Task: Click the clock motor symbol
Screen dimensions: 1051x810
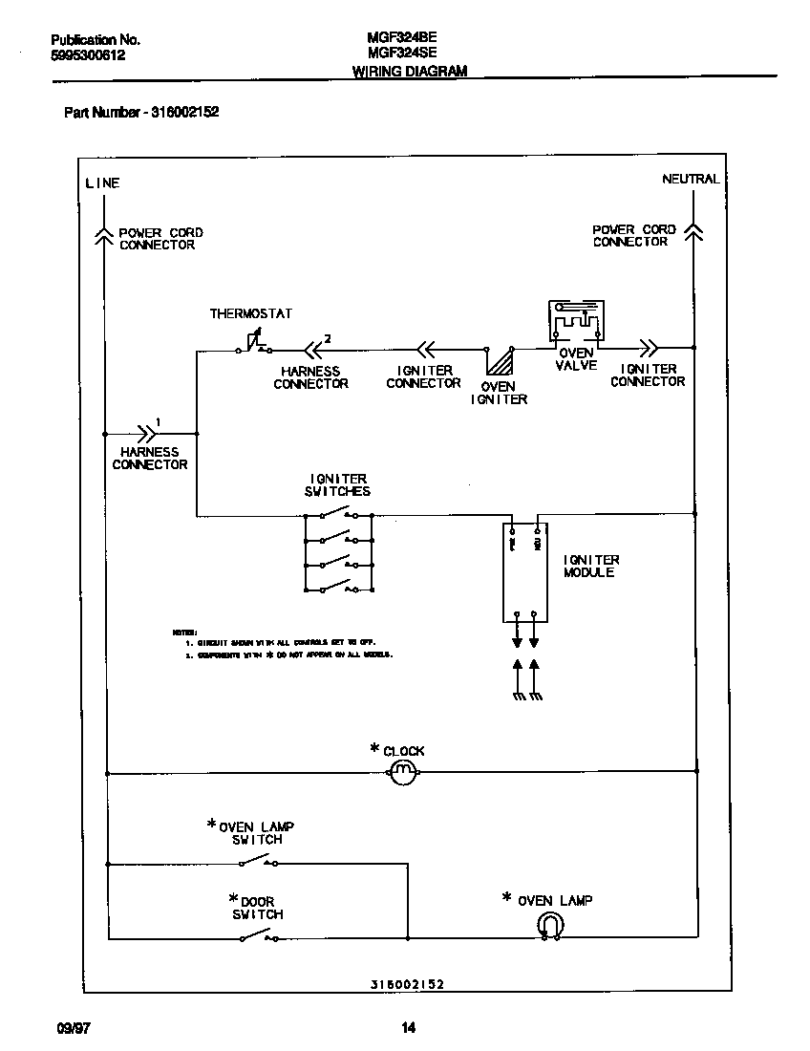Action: pos(402,771)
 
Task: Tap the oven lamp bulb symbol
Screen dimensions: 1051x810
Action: pos(550,925)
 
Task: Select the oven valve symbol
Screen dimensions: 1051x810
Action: pos(575,323)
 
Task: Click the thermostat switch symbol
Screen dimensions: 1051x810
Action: pos(253,345)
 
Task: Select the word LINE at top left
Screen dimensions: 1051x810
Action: pos(102,182)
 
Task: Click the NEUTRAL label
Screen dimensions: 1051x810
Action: pos(691,179)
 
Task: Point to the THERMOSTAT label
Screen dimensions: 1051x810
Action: pos(251,313)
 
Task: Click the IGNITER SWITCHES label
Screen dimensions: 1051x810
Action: pos(339,484)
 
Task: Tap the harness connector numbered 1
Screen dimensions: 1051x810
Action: pos(148,432)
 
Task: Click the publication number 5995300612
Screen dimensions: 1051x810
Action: pos(87,55)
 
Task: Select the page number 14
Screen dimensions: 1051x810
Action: pos(408,1029)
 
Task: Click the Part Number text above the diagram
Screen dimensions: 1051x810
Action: pos(141,112)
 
